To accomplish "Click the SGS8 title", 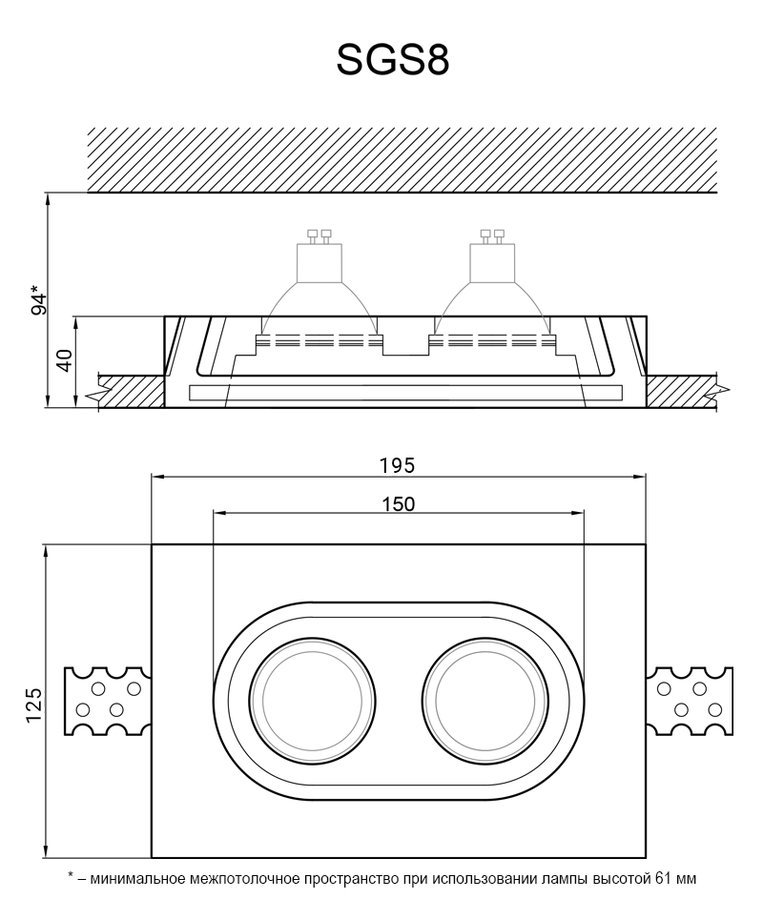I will pos(392,60).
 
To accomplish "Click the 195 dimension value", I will pos(397,465).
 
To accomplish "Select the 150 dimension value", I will pos(397,504).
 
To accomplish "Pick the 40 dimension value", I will pos(65,360).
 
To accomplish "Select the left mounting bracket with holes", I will pos(106,702).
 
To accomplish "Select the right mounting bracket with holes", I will pos(691,702).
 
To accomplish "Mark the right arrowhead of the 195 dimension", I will pos(644,475).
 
